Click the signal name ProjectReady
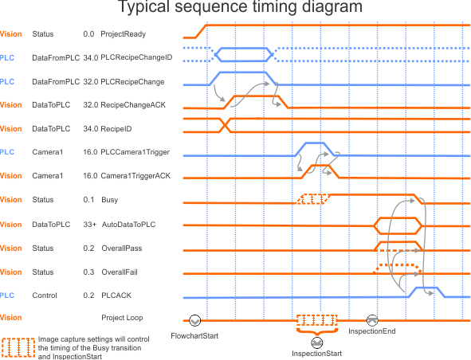124,34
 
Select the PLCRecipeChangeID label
136,57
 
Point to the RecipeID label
116,129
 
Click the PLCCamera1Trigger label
135,152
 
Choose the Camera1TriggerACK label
135,176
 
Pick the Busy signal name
110,200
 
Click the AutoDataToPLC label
128,225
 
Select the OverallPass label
122,248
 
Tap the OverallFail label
120,272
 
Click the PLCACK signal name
116,295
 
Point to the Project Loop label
122,318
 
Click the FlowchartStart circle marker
194,320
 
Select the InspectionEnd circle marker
372,320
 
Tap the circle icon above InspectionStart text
316,342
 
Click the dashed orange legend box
18,348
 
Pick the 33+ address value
90,225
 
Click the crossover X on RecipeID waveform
225,125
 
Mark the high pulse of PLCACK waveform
426,288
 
